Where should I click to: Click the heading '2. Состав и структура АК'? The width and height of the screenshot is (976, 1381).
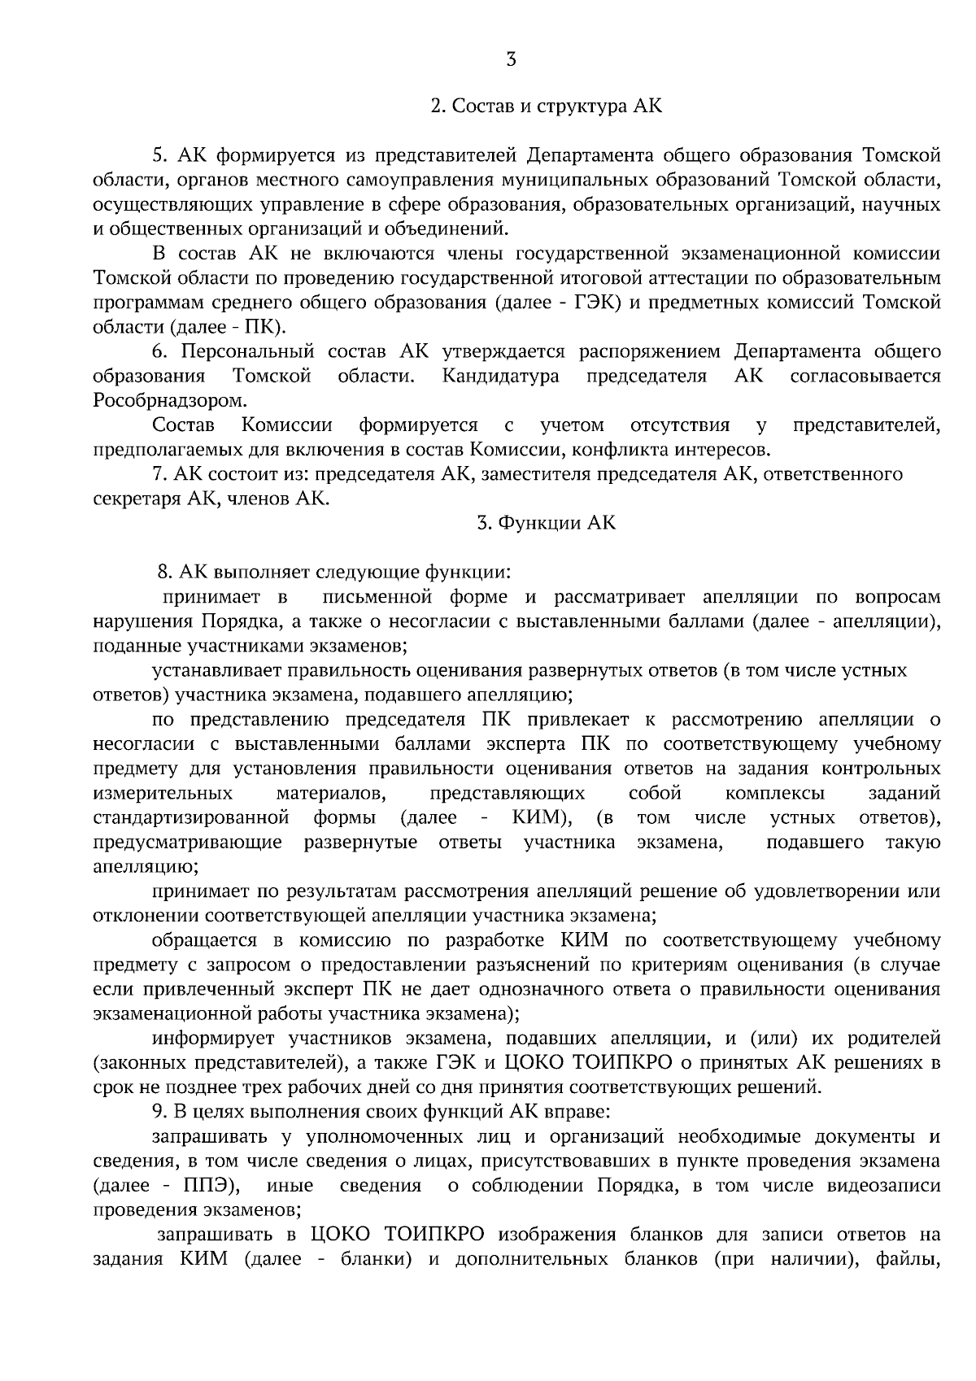546,107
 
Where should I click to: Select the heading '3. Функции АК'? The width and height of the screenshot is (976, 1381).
546,523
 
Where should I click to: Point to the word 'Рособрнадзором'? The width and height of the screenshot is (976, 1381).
168,401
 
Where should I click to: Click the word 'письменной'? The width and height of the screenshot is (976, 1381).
376,598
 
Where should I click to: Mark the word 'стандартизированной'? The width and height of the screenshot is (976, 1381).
192,817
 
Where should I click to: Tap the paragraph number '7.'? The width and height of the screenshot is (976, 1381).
160,474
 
